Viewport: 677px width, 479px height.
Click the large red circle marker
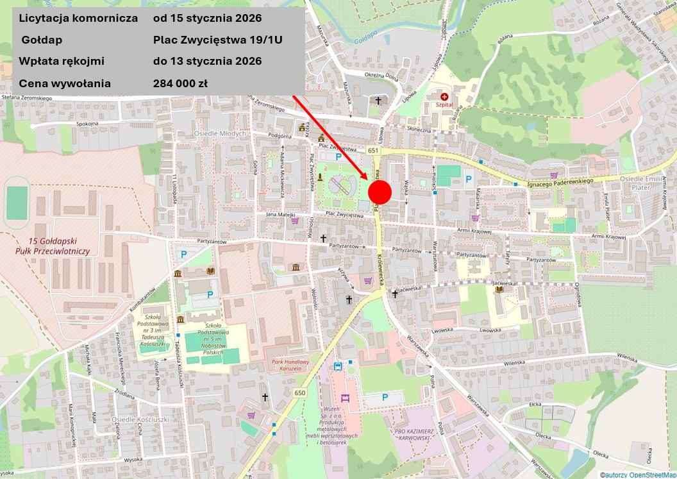380,192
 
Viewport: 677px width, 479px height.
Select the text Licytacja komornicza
79,18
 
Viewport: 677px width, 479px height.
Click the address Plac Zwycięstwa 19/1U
218,40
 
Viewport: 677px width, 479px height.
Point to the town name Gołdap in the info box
42,40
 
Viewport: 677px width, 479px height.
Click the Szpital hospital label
444,104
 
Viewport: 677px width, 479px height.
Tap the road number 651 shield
374,150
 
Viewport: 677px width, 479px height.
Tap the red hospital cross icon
444,96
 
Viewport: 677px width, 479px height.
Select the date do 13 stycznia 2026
207,62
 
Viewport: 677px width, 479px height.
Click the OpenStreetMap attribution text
637,475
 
